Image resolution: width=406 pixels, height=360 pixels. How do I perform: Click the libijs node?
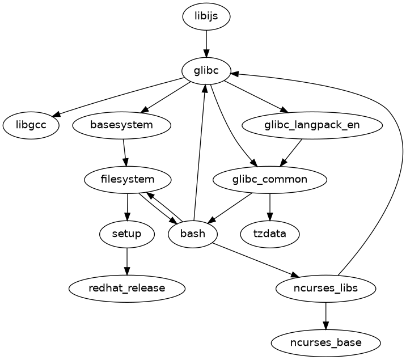pyautogui.click(x=206, y=16)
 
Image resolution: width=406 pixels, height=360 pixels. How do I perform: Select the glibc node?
pyautogui.click(x=206, y=70)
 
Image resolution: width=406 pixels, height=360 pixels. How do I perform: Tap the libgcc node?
pyautogui.click(x=31, y=125)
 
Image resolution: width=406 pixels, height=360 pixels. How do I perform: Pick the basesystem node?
pyautogui.click(x=122, y=125)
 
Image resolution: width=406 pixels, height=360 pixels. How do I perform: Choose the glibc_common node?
pyautogui.click(x=270, y=180)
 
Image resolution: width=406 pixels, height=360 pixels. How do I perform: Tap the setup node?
pyautogui.click(x=127, y=234)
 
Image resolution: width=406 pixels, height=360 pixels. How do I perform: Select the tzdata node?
pyautogui.click(x=270, y=234)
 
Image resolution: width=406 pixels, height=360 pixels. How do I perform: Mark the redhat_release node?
pyautogui.click(x=127, y=288)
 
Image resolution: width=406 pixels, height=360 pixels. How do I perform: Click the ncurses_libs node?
pyautogui.click(x=325, y=288)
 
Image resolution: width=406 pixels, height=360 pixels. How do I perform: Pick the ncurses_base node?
pyautogui.click(x=325, y=342)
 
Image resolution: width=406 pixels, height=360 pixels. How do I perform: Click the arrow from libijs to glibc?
pyautogui.click(x=206, y=43)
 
